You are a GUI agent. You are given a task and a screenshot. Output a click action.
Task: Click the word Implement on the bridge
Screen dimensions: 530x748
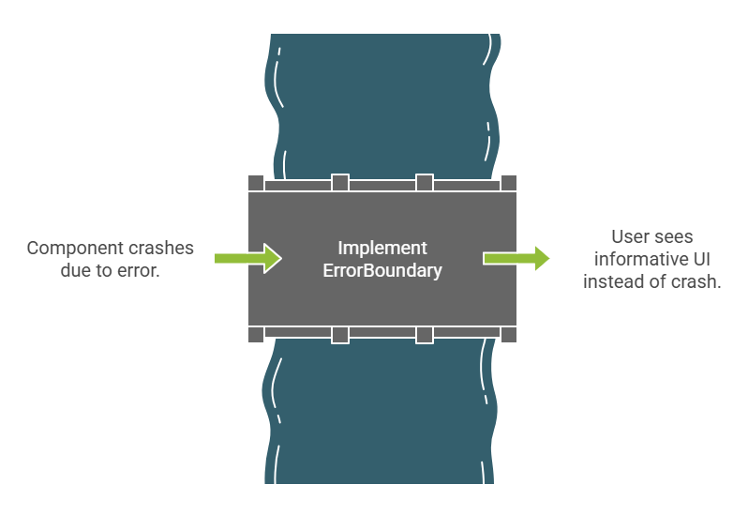tap(382, 249)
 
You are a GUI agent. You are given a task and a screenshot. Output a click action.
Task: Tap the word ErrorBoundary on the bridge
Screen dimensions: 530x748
tap(382, 271)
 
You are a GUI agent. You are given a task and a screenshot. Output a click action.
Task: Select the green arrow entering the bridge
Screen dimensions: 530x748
tap(247, 258)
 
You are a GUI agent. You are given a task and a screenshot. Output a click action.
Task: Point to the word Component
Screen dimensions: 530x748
tap(71, 249)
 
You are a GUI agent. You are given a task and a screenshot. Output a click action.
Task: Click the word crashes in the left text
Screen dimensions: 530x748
tap(158, 249)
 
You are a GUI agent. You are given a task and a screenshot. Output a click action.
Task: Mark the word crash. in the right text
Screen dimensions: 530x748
tap(698, 282)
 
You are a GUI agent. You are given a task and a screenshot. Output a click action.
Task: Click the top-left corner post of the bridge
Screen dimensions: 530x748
tap(256, 182)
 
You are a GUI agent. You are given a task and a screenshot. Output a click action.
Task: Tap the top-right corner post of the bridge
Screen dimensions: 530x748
tap(509, 182)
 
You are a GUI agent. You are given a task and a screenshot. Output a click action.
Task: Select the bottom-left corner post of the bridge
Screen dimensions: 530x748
tap(256, 335)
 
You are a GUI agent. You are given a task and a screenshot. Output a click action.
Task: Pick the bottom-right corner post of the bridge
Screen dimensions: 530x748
tap(509, 335)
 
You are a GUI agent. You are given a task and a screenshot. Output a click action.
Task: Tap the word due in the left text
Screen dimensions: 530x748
tap(60, 272)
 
